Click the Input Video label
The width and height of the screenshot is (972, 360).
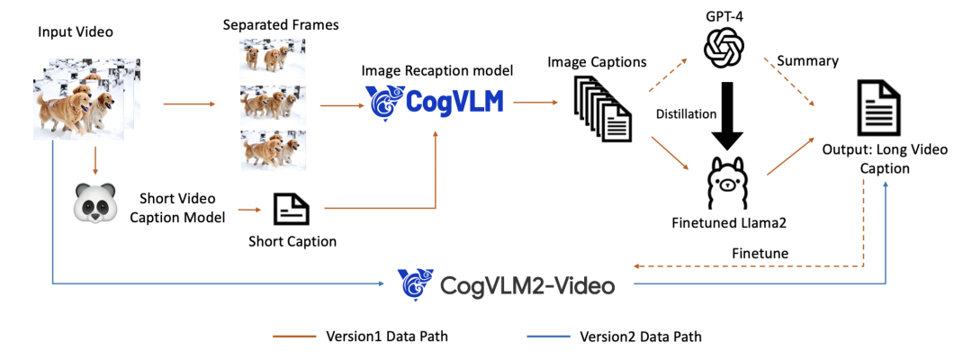(75, 32)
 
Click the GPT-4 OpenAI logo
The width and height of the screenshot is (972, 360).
(726, 47)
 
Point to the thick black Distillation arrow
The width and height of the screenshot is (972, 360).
(726, 114)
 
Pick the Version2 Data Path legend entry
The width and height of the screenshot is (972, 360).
(640, 337)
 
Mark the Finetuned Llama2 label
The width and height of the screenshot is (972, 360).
(725, 222)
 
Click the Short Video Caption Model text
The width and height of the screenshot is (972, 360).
(180, 207)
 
